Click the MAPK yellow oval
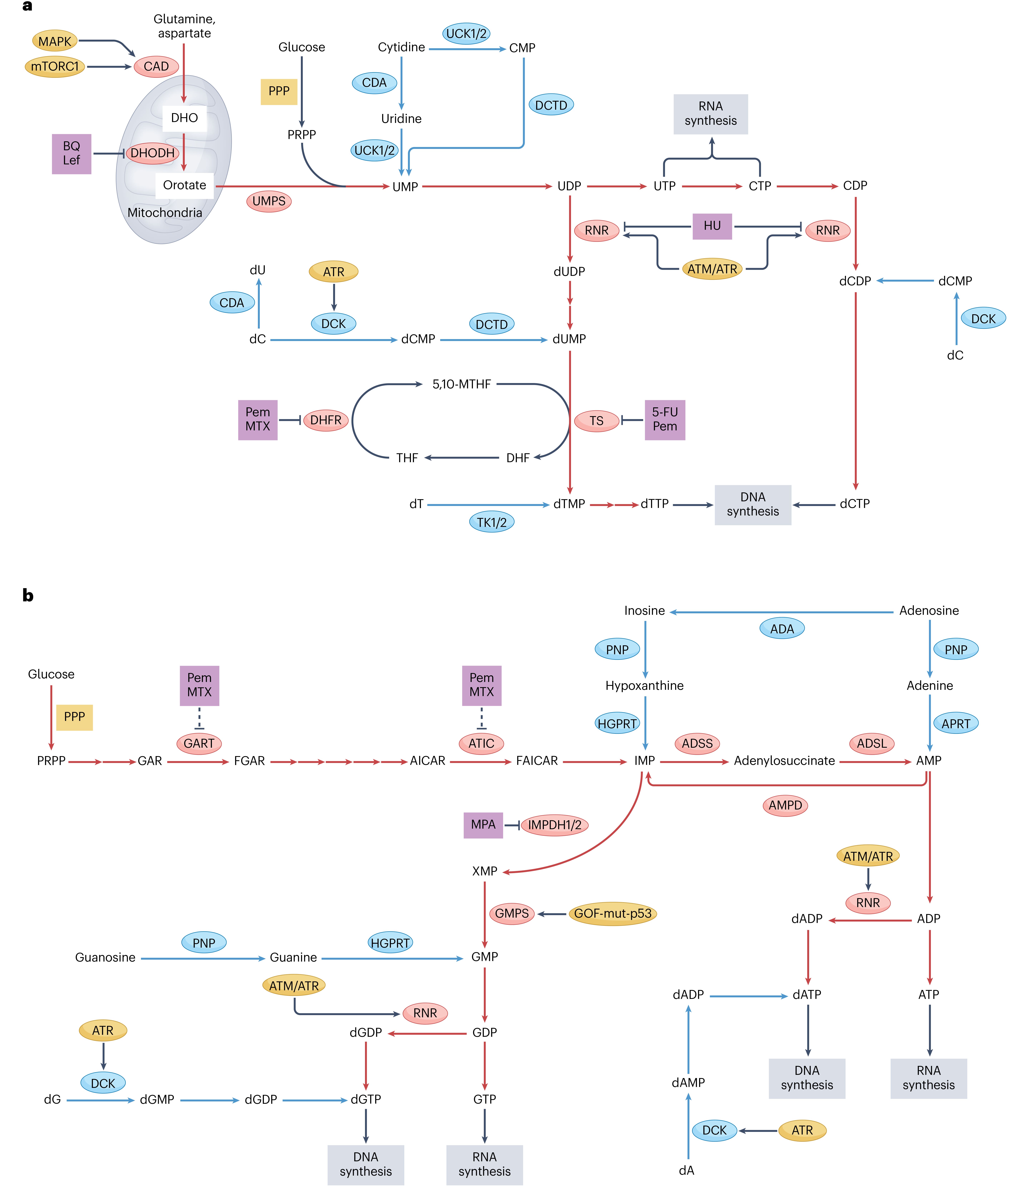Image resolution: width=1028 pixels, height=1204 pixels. click(x=55, y=41)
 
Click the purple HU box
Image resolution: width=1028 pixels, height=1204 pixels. click(x=712, y=226)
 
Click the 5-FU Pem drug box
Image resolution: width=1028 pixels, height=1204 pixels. click(x=665, y=419)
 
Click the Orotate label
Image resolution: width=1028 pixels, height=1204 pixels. click(x=184, y=185)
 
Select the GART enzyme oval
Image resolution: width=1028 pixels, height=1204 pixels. click(x=199, y=743)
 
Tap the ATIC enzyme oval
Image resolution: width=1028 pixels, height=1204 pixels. click(x=481, y=743)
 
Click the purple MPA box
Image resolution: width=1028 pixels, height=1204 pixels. click(x=483, y=825)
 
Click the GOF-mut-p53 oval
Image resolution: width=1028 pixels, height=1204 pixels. click(x=612, y=913)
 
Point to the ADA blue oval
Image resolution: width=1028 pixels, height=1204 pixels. click(x=782, y=629)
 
